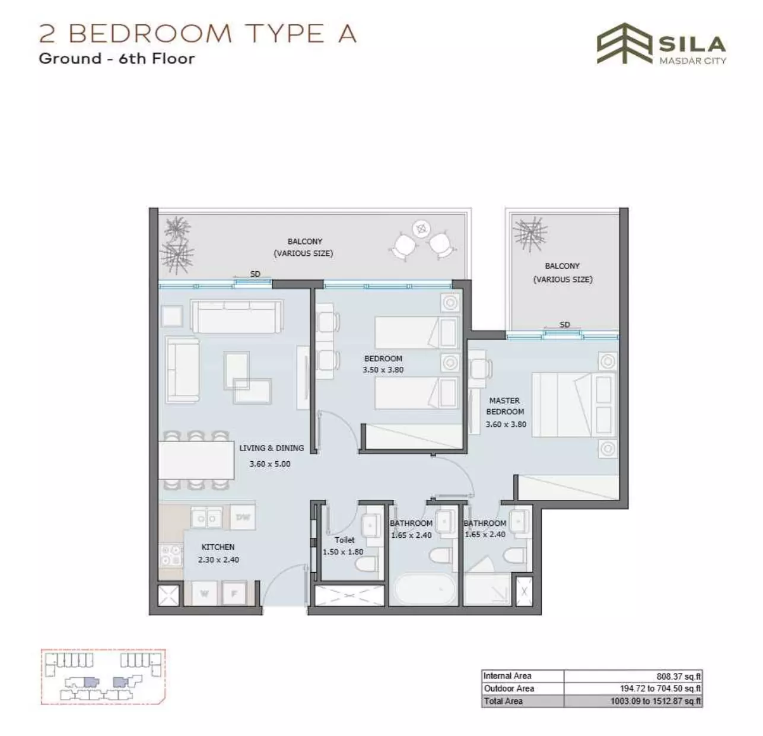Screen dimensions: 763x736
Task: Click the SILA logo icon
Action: click(624, 43)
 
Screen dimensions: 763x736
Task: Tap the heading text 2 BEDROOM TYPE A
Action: click(198, 33)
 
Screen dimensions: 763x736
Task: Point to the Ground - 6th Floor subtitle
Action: click(117, 58)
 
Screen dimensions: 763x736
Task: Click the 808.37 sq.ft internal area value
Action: click(679, 676)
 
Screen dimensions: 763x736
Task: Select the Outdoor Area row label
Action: click(508, 688)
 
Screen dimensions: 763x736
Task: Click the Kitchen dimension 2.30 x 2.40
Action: click(218, 560)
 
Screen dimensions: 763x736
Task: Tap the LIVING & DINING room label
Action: click(271, 448)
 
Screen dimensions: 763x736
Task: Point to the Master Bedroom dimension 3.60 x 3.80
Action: click(506, 424)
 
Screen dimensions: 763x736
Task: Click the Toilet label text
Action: click(344, 540)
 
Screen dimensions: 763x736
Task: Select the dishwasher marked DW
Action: click(243, 517)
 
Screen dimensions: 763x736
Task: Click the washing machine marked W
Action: click(204, 593)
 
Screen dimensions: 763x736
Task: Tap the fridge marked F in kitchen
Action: click(234, 593)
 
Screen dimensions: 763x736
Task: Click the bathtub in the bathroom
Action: click(425, 589)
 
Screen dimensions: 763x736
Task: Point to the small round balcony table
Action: click(421, 229)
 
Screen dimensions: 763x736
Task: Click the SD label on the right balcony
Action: click(565, 325)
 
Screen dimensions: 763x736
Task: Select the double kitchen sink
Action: click(206, 518)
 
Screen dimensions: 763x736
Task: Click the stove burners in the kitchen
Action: click(170, 555)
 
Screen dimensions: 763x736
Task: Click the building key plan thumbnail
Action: click(103, 677)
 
